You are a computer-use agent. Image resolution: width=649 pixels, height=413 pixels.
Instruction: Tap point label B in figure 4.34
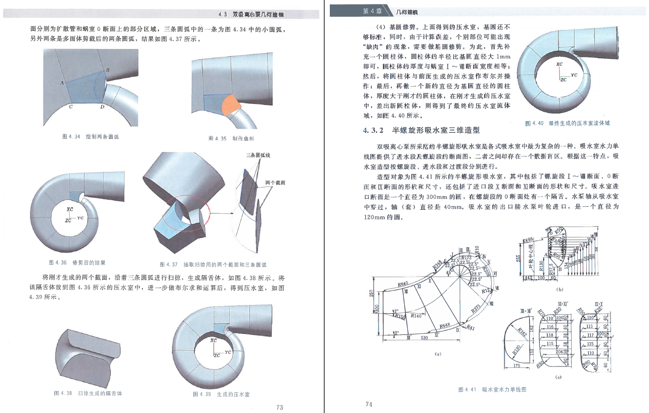click(108, 70)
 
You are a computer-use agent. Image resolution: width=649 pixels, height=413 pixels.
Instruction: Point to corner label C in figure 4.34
click(71, 107)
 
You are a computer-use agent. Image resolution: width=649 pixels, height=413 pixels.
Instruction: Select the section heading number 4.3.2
click(374, 130)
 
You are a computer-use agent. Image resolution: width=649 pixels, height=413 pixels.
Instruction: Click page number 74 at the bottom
click(368, 404)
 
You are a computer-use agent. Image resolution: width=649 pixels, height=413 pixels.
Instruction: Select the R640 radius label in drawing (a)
click(403, 284)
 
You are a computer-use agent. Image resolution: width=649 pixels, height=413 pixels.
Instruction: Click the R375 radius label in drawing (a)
click(476, 308)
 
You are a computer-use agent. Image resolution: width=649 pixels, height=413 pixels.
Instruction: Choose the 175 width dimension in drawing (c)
click(516, 365)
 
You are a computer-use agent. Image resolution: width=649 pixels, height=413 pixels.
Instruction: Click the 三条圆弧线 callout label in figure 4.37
click(258, 156)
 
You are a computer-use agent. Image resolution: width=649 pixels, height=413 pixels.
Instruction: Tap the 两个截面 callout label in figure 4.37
click(274, 182)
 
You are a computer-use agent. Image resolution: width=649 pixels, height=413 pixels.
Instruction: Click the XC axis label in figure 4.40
click(559, 65)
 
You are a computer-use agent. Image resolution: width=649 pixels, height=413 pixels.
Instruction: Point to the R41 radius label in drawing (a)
click(470, 328)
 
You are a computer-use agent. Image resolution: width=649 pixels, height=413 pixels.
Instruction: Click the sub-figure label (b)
click(559, 289)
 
